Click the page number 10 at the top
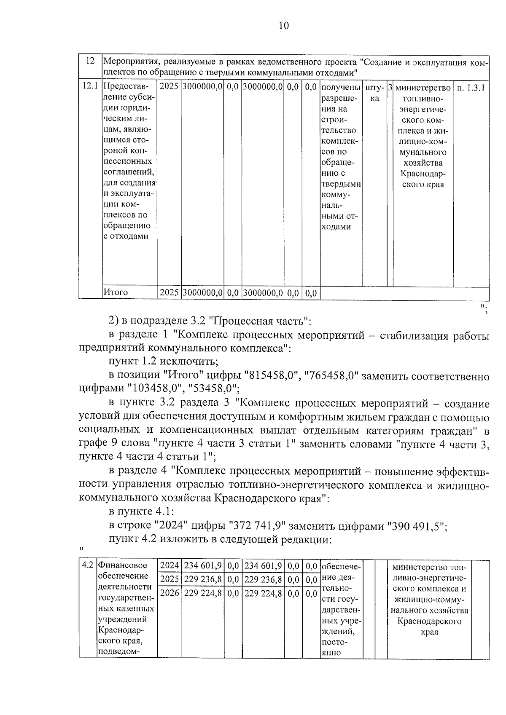pos(284,26)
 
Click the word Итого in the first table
pos(116,292)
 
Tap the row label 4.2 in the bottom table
pos(87,565)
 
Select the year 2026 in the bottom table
pos(170,593)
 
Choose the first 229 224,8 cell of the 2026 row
pos(203,593)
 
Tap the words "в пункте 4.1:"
pos(141,511)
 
